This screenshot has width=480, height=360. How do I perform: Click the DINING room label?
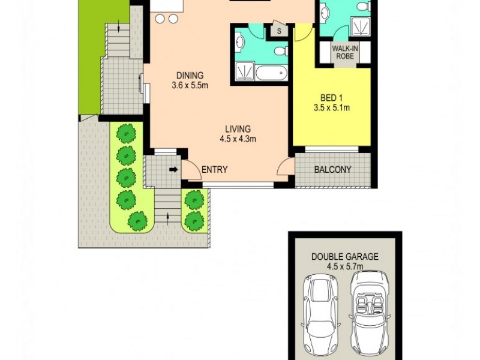tap(190, 76)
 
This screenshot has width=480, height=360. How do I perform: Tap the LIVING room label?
tap(238, 129)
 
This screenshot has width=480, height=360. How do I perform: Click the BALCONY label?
tap(332, 170)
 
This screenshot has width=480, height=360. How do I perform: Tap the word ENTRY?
tap(214, 170)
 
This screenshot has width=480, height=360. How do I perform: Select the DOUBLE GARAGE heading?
tap(344, 256)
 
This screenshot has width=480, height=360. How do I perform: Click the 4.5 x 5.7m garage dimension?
tap(344, 266)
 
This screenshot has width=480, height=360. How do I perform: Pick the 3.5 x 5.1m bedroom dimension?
tap(331, 108)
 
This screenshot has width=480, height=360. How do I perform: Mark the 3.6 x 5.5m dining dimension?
tap(190, 85)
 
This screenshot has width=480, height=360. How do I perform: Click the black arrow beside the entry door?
tap(173, 170)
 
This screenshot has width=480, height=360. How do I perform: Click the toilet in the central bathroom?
tap(280, 51)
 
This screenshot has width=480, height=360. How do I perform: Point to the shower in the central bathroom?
tap(244, 73)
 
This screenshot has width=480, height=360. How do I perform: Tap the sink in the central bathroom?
tap(240, 42)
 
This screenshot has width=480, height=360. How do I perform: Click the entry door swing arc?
tap(191, 170)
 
